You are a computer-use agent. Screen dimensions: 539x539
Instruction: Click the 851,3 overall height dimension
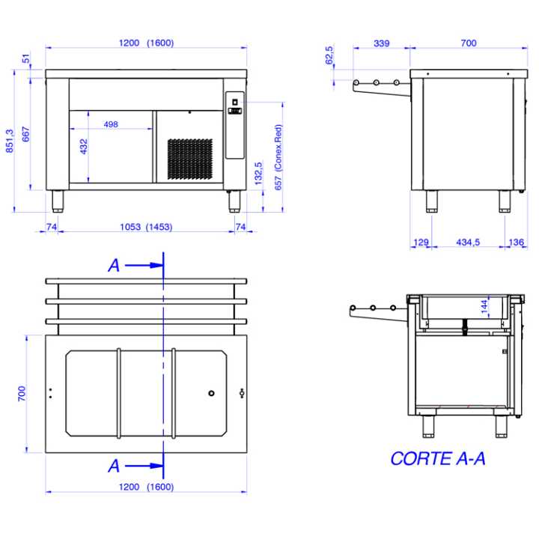(x=10, y=141)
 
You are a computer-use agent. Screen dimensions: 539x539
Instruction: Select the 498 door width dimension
(x=111, y=124)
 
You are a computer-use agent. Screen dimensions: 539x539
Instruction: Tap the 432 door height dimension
(x=84, y=147)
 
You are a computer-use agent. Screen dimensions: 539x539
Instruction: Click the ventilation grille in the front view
(x=189, y=159)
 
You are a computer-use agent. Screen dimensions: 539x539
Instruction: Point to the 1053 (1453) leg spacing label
(x=146, y=227)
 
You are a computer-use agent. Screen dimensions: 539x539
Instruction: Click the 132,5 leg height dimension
(x=258, y=174)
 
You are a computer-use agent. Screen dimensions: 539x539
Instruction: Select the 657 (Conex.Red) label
(x=278, y=157)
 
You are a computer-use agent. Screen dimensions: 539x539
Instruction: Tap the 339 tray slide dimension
(x=382, y=43)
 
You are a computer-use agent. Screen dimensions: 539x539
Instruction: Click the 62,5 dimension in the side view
(x=329, y=55)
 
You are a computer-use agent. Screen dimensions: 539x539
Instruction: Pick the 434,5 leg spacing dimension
(x=468, y=243)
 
